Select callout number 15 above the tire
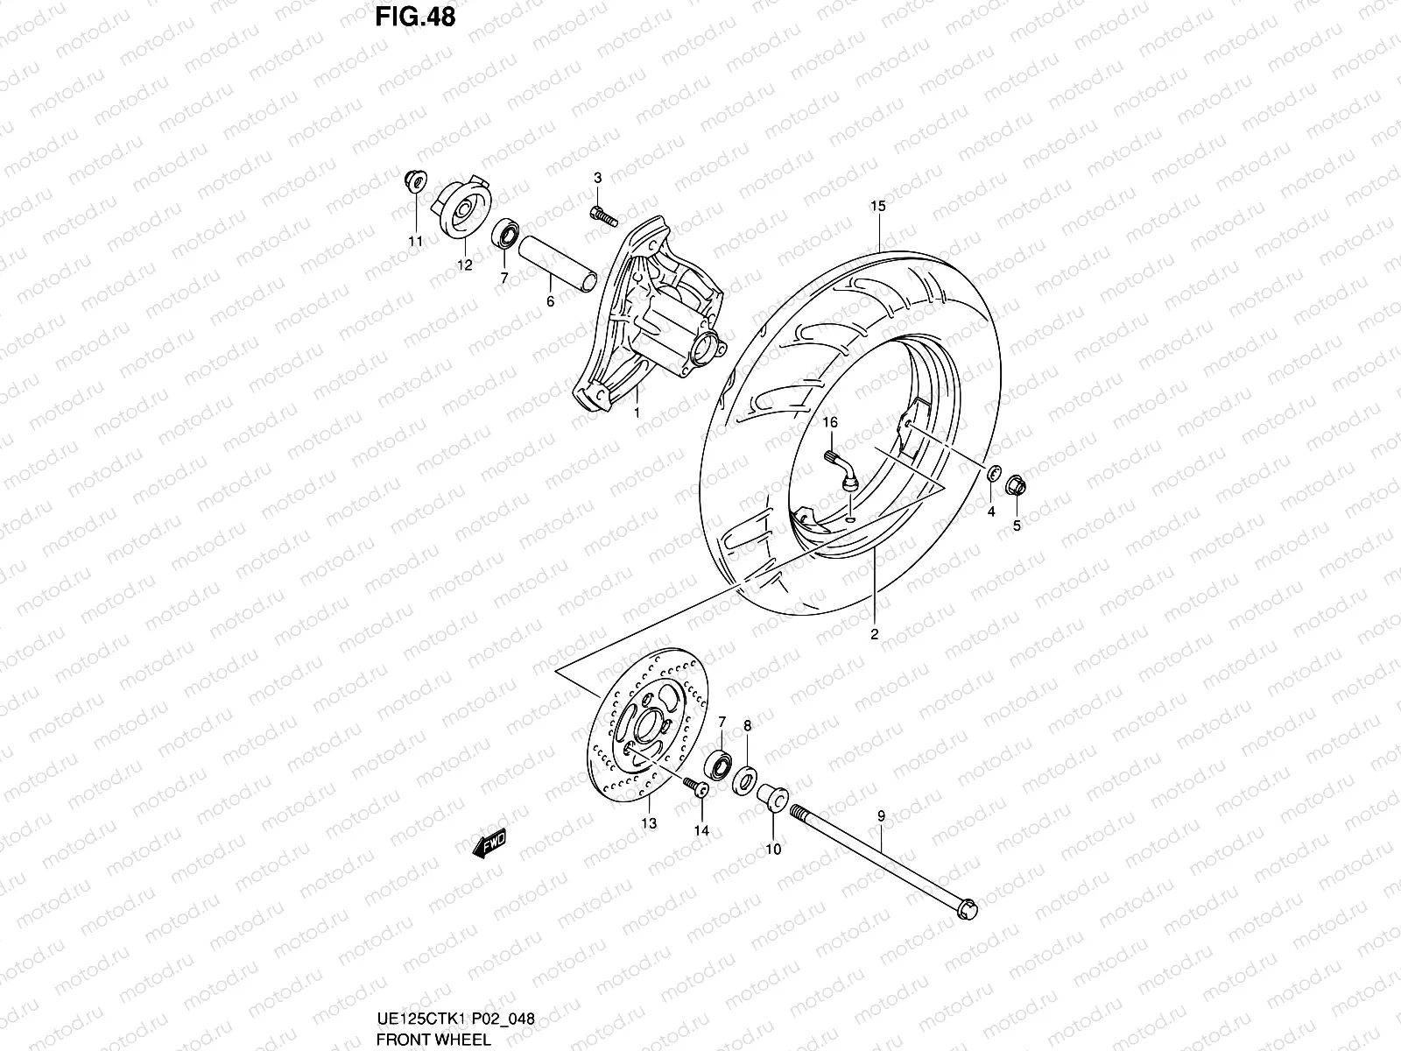[877, 207]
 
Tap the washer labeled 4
[993, 474]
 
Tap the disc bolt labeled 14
[697, 786]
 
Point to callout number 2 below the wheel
[874, 635]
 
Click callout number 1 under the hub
[637, 412]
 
